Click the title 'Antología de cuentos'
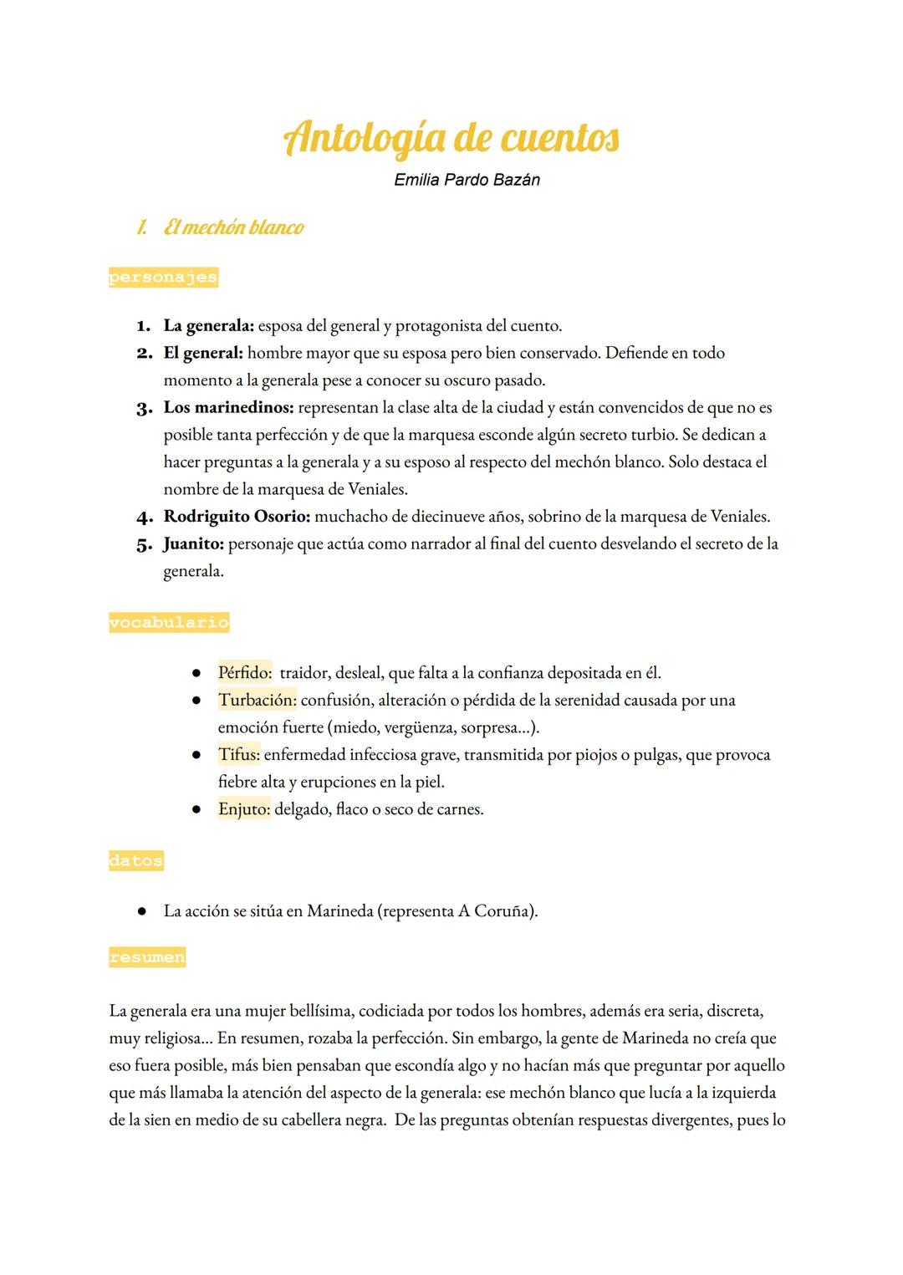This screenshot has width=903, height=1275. [x=451, y=137]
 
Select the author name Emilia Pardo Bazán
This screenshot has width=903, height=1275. [x=467, y=180]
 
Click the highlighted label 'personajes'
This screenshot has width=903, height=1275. [x=163, y=278]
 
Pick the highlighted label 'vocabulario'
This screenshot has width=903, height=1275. [x=168, y=623]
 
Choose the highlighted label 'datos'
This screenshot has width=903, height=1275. [x=135, y=861]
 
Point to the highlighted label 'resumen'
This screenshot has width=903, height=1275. [x=146, y=957]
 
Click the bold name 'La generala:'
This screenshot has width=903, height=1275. [x=208, y=325]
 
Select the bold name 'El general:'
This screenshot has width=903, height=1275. [x=202, y=353]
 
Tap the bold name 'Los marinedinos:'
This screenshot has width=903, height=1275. [x=228, y=408]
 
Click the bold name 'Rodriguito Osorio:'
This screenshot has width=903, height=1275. [x=237, y=517]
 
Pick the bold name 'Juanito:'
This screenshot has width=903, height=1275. [x=193, y=544]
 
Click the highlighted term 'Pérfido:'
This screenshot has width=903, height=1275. [x=244, y=672]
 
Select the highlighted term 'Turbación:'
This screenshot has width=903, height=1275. [x=257, y=700]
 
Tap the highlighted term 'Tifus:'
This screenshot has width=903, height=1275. [x=239, y=755]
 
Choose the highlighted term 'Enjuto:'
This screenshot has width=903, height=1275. [x=243, y=809]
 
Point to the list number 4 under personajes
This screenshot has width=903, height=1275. [x=144, y=517]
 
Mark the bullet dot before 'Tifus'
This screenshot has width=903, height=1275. [x=196, y=755]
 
